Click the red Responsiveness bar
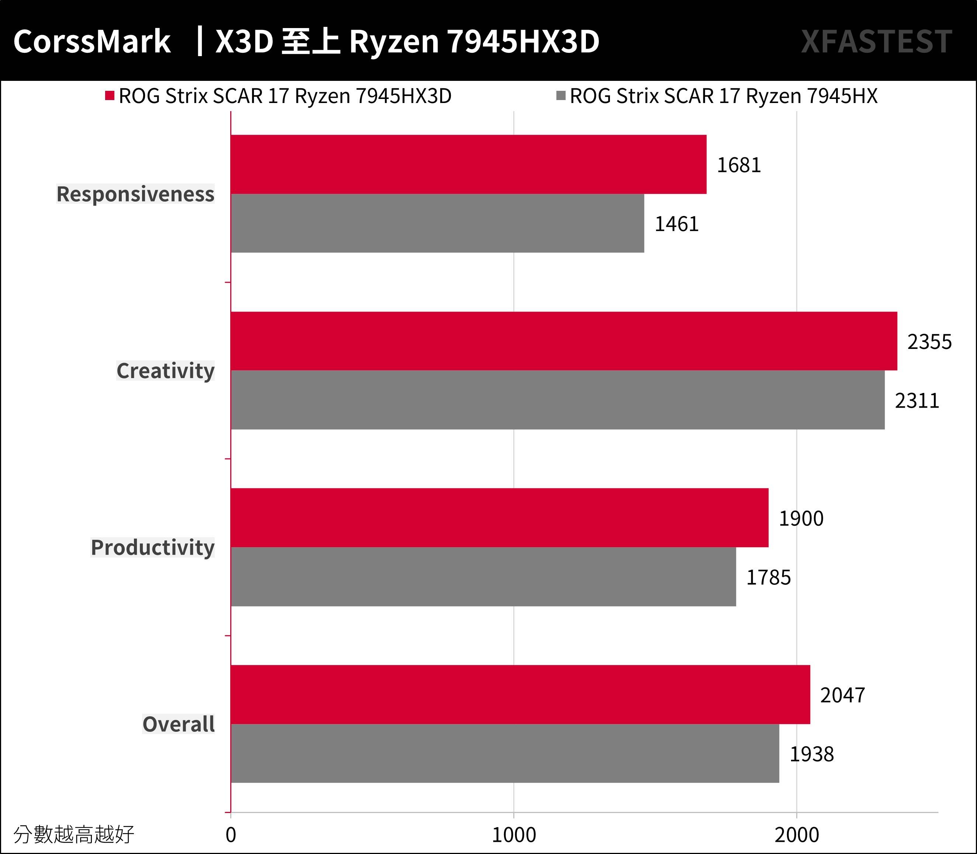coord(469,164)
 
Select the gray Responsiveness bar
coord(437,223)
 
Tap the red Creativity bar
coord(564,341)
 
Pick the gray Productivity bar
coord(483,577)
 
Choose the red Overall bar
coord(520,694)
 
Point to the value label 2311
coord(916,401)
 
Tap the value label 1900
coord(801,518)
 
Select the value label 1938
coord(811,754)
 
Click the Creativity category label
coord(166,371)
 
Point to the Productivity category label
coord(153,548)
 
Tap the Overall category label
coord(179,724)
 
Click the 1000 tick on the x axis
coord(514,835)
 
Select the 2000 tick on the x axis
coord(797,835)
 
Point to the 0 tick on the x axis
coord(231,835)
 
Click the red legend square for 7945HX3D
coord(110,96)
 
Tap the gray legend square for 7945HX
coord(561,96)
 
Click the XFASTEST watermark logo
coord(876,41)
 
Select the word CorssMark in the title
coord(92,41)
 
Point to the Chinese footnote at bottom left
coord(74,834)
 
